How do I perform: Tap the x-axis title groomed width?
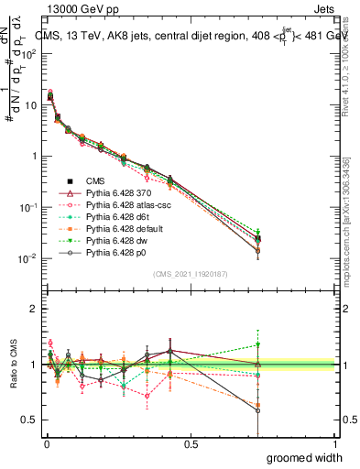click(x=306, y=457)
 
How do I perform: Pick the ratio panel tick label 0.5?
click(x=28, y=420)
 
